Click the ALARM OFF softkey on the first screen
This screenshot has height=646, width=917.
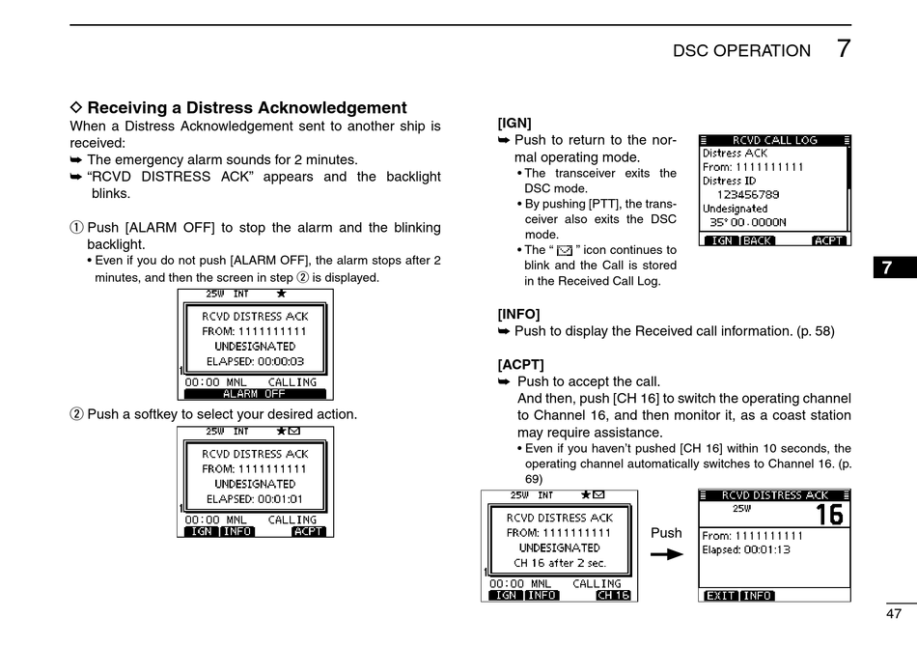click(254, 394)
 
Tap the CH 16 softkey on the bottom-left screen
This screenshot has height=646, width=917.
click(613, 596)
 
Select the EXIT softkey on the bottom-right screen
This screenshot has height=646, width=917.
click(720, 596)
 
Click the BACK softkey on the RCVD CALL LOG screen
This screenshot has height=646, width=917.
click(758, 240)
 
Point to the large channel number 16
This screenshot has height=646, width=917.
click(828, 515)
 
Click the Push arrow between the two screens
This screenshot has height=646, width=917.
click(666, 554)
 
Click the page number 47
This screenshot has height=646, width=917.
click(893, 613)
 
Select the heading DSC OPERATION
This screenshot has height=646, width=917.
click(741, 51)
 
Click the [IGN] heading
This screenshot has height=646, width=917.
click(514, 123)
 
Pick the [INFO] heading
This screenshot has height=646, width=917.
click(518, 314)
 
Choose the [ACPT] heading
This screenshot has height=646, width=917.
click(520, 364)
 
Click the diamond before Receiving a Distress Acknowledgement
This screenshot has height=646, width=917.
click(77, 108)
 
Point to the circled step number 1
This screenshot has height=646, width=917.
click(77, 228)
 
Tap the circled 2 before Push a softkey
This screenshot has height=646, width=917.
click(77, 414)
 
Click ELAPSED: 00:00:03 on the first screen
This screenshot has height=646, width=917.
click(255, 361)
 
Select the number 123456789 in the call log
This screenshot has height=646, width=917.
click(747, 194)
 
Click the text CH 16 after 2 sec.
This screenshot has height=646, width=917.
click(560, 563)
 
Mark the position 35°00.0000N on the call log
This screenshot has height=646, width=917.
click(748, 222)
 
